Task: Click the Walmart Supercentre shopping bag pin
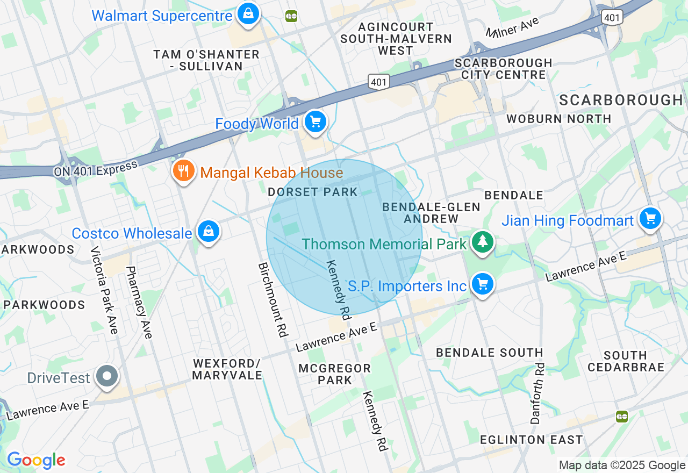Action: [248, 14]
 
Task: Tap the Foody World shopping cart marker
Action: [316, 122]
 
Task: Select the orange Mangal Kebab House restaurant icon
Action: [183, 171]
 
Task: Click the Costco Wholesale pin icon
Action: [208, 232]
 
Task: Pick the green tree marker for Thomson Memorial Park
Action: [482, 242]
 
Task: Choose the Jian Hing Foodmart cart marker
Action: [650, 218]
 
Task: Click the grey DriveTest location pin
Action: [107, 376]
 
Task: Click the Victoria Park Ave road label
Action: [104, 290]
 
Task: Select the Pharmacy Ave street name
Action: [139, 302]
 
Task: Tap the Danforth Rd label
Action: [537, 393]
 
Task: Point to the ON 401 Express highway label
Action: [95, 169]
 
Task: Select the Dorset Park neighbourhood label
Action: [312, 192]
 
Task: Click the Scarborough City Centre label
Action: [503, 69]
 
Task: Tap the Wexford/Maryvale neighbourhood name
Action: [227, 369]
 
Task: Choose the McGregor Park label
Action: [334, 374]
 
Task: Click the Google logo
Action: [36, 460]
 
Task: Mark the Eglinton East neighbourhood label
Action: [531, 440]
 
